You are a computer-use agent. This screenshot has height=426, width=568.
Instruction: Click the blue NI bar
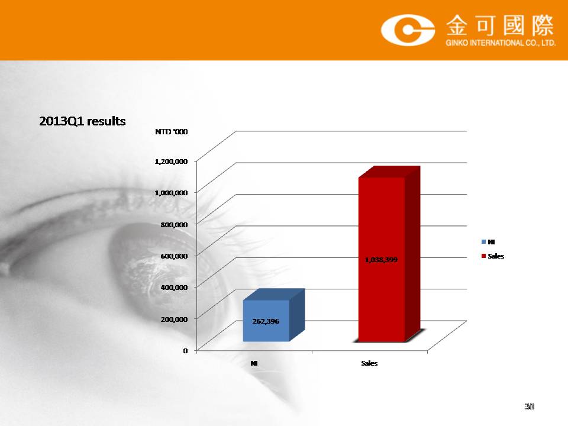tap(274, 315)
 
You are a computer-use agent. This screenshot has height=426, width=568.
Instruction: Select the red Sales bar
tap(389, 254)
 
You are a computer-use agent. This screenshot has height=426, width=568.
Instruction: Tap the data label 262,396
tap(266, 321)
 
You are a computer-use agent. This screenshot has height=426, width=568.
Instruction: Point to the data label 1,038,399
tap(381, 260)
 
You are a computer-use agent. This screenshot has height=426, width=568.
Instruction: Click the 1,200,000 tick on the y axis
tap(171, 161)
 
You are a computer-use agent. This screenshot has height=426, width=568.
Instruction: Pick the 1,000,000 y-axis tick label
tap(171, 193)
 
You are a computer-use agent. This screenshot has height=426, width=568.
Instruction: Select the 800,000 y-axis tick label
tap(174, 225)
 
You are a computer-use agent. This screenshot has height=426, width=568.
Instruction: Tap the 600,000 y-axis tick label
tap(174, 256)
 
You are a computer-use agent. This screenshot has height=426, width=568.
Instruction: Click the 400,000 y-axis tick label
tap(174, 288)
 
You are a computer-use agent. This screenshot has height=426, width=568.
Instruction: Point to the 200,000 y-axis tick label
tap(174, 319)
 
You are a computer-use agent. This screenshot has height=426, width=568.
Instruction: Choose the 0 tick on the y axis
tap(185, 351)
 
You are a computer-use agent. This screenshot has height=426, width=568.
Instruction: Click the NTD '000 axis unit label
tap(172, 131)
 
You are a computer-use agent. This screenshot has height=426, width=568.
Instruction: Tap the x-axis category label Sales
tap(369, 363)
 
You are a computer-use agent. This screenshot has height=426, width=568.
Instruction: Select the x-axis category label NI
tap(254, 363)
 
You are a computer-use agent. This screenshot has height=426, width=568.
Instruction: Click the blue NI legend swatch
tap(483, 241)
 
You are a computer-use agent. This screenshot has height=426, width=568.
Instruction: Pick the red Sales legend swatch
tap(483, 256)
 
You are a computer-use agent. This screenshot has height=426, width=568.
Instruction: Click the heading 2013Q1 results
tap(82, 121)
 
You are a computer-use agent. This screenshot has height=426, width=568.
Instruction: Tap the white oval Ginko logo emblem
tap(408, 30)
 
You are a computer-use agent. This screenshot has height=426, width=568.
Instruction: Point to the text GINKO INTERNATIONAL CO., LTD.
tap(501, 43)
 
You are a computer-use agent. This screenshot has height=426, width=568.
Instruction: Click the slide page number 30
tap(529, 406)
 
